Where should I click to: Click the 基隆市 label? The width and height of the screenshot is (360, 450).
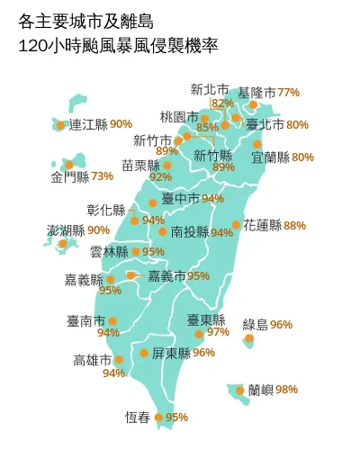tap(256, 93)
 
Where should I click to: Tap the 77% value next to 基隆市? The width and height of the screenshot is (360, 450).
tap(288, 93)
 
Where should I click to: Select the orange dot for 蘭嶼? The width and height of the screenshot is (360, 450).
tap(239, 391)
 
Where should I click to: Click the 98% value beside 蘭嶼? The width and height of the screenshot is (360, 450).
tap(286, 390)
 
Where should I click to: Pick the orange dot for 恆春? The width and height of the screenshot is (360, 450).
tap(158, 418)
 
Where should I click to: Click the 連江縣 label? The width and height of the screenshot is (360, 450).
tap(88, 124)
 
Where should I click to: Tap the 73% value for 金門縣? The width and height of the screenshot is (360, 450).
tap(102, 175)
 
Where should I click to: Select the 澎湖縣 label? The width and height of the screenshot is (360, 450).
tap(66, 230)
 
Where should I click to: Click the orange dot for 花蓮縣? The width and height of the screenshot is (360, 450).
tap(236, 225)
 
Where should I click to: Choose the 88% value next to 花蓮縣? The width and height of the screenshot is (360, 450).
tap(294, 225)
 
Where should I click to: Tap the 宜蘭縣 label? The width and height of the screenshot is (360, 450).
tap(270, 157)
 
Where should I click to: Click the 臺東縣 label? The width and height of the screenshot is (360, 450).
tap(205, 319)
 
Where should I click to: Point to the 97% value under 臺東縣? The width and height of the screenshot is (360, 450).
tap(218, 332)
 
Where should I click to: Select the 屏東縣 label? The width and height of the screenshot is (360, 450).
tap(170, 353)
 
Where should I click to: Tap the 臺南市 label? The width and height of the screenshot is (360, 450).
tap(85, 320)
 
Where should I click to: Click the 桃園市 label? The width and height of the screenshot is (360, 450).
tap(178, 117)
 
